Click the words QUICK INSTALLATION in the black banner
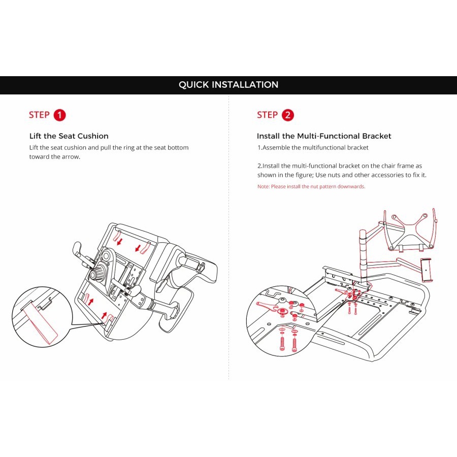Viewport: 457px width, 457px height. (x=228, y=85)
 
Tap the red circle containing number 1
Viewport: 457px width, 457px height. (x=60, y=115)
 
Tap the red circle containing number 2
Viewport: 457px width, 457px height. (x=288, y=115)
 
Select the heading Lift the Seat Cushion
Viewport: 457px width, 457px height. (x=69, y=136)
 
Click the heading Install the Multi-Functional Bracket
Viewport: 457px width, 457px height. (x=324, y=136)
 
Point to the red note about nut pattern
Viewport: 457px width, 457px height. (x=311, y=186)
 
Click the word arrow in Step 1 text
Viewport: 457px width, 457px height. (x=69, y=156)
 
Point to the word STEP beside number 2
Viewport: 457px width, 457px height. (x=267, y=115)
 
